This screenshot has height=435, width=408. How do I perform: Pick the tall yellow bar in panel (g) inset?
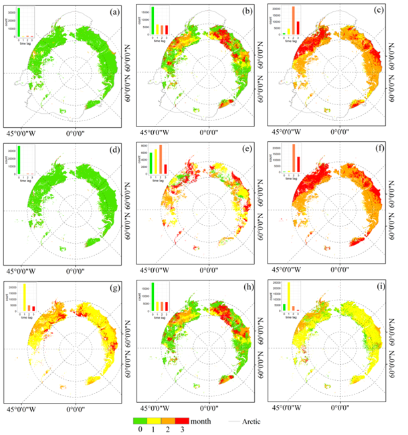click(25, 298)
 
